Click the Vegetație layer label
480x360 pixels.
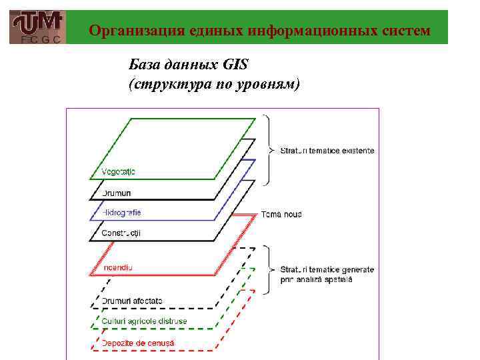point(119,172)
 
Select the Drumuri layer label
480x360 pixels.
point(117,193)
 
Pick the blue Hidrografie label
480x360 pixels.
point(121,213)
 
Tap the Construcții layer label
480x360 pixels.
point(121,233)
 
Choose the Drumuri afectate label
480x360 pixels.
point(132,301)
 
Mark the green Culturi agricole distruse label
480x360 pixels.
point(145,321)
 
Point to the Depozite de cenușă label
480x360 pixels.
point(138,343)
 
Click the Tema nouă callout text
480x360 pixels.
point(281,215)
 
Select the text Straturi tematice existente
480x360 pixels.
point(327,151)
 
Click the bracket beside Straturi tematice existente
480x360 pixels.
point(268,150)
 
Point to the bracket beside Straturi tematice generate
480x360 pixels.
point(268,270)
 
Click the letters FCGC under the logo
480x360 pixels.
point(38,39)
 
